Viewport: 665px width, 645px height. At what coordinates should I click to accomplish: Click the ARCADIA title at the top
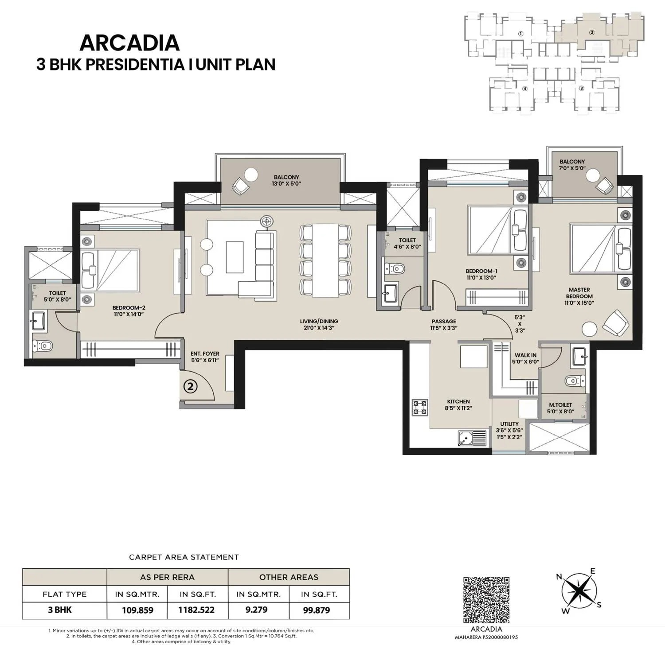click(x=129, y=43)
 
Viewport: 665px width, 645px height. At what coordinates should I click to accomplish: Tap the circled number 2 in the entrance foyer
click(x=191, y=386)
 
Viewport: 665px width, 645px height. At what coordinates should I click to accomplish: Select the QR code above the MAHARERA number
click(x=486, y=600)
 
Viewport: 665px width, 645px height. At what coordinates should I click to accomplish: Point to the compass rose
click(x=579, y=591)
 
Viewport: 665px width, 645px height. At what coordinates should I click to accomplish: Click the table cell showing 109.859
click(x=137, y=610)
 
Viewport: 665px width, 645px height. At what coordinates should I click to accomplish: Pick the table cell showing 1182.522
click(x=196, y=610)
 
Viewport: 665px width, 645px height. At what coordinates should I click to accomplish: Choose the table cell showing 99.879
click(x=316, y=610)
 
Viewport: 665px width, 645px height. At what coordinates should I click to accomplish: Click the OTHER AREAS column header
click(x=289, y=577)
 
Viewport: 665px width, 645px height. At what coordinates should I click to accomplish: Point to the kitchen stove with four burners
click(x=420, y=407)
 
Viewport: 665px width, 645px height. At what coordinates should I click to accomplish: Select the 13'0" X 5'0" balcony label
click(x=286, y=180)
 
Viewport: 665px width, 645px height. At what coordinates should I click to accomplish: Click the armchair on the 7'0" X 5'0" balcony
click(x=605, y=186)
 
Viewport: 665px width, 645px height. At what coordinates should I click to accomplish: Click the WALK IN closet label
click(x=525, y=358)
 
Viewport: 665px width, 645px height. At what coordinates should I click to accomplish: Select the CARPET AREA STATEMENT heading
click(x=184, y=557)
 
